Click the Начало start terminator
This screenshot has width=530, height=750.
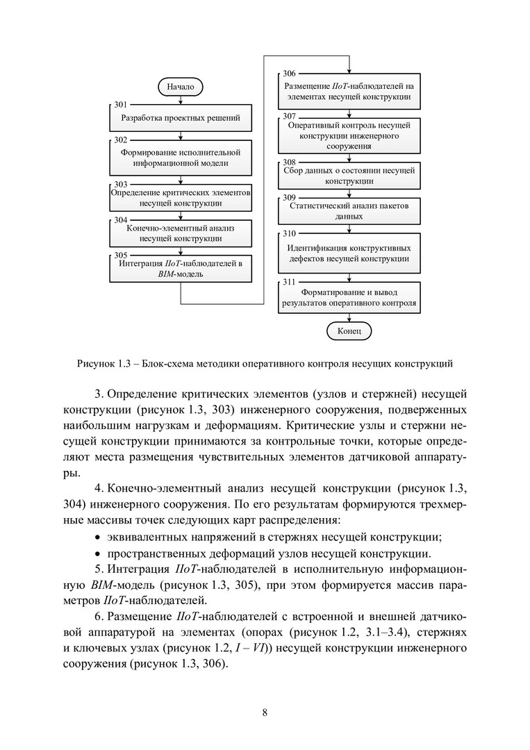(181, 87)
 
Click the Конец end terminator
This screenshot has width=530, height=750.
(349, 331)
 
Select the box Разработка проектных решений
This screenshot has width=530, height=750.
(181, 118)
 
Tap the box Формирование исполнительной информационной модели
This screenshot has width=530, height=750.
(181, 158)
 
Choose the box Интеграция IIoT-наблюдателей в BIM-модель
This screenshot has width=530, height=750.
(181, 269)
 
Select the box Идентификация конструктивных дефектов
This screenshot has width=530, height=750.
(349, 253)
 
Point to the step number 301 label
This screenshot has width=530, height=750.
(121, 104)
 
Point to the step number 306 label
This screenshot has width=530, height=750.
(289, 74)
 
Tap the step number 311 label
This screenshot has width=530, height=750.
(289, 281)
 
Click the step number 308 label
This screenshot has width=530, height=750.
(289, 162)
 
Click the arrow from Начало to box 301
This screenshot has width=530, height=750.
(181, 100)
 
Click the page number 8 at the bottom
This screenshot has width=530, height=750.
(265, 712)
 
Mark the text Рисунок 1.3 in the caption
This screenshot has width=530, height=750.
(103, 362)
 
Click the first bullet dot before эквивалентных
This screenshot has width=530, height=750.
(97, 537)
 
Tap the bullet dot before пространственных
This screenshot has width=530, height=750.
(97, 554)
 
